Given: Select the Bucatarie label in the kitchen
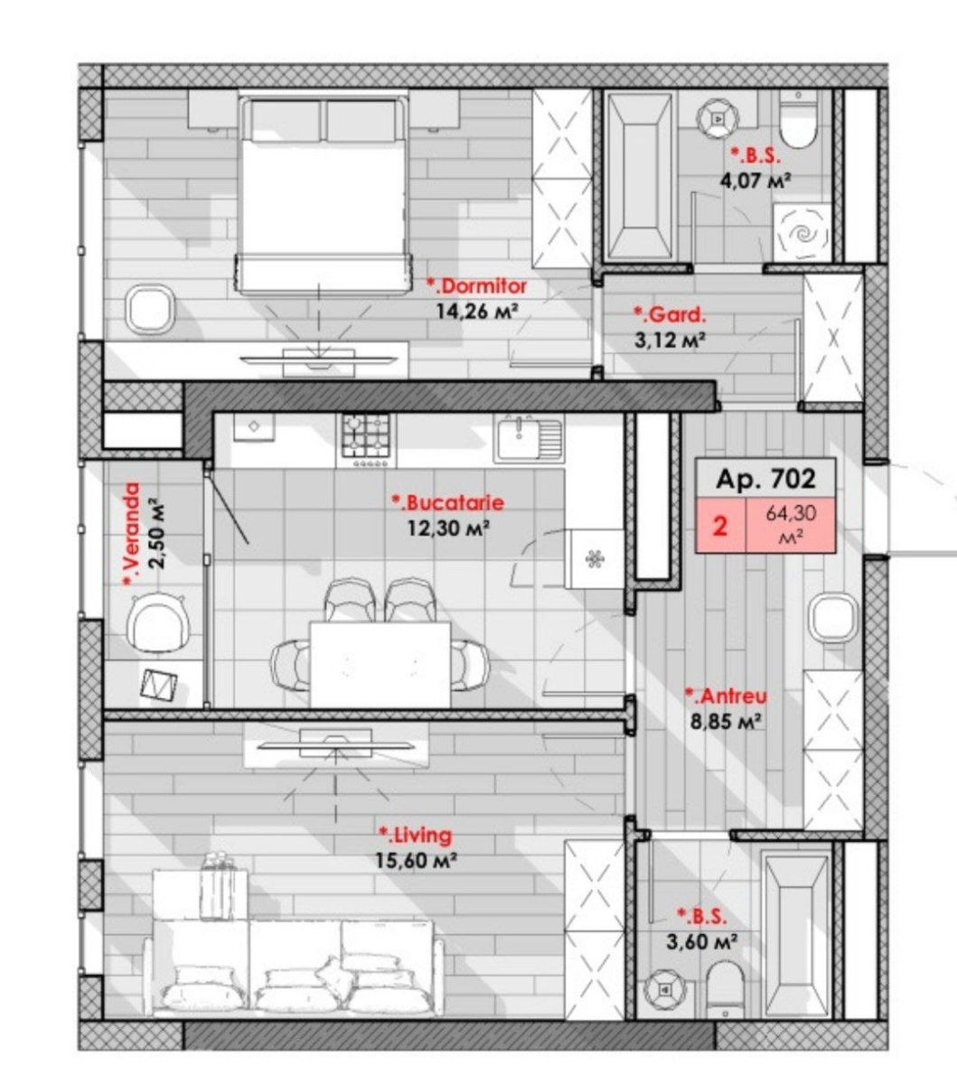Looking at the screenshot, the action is click(447, 503).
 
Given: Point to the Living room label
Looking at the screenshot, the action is click(416, 836).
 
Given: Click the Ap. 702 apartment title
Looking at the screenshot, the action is click(766, 479).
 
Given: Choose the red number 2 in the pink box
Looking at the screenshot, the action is click(720, 527).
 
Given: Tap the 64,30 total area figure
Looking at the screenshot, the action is click(791, 514).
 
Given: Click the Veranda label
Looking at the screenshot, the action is click(132, 534).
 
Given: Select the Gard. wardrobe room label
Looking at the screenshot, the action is click(670, 314).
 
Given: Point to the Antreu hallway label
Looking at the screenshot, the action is click(727, 696).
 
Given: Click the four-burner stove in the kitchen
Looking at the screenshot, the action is click(367, 438).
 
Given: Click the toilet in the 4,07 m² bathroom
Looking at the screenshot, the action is click(798, 118).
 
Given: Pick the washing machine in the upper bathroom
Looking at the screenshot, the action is click(802, 233).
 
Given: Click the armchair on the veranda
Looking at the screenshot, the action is click(159, 622).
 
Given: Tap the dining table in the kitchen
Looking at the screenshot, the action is click(380, 664).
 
